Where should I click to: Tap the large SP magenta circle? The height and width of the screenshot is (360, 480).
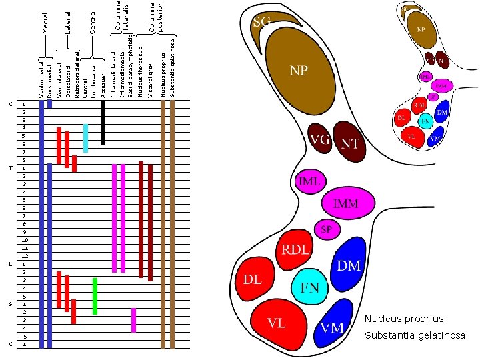327,229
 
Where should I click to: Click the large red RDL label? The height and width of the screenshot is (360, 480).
295,250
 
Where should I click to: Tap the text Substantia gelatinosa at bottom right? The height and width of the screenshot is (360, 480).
415,335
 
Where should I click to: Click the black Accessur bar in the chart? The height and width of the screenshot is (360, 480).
103,122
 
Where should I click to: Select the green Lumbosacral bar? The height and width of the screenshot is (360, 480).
95,295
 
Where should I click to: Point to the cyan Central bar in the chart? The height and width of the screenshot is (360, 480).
85,137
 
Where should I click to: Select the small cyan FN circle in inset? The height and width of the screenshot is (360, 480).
424,122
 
